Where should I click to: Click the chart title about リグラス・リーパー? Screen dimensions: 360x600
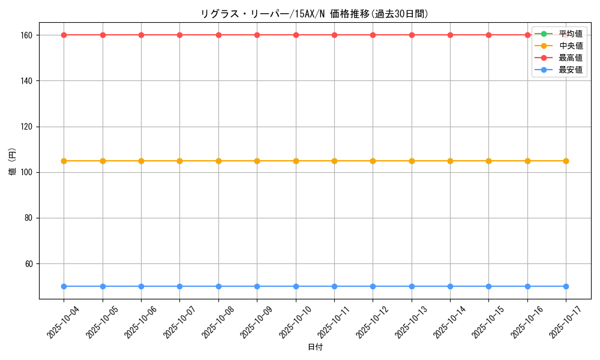tap(314, 14)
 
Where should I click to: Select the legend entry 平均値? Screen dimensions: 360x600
tap(571, 34)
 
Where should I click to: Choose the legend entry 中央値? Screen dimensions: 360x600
tap(571, 46)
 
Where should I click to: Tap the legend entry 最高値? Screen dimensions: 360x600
tap(571, 58)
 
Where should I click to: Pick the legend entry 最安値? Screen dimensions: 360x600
tap(571, 70)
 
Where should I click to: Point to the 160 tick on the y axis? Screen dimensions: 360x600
tap(28, 35)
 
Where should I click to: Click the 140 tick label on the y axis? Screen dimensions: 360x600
tap(28, 81)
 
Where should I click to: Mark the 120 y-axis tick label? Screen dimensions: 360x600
tap(28, 127)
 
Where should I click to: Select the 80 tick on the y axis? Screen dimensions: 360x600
tap(30, 218)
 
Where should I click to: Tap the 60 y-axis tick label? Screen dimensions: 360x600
tap(30, 264)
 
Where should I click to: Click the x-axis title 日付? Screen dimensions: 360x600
tap(315, 347)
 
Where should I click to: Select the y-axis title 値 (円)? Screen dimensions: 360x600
tap(12, 162)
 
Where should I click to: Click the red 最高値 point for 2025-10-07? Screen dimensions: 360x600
tap(179, 35)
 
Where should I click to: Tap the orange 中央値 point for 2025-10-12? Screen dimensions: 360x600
tap(373, 161)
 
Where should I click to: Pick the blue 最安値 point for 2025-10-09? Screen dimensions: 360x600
tap(257, 286)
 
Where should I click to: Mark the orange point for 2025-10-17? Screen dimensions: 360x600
tap(566, 161)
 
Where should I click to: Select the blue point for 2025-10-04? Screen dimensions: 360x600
tap(64, 286)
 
